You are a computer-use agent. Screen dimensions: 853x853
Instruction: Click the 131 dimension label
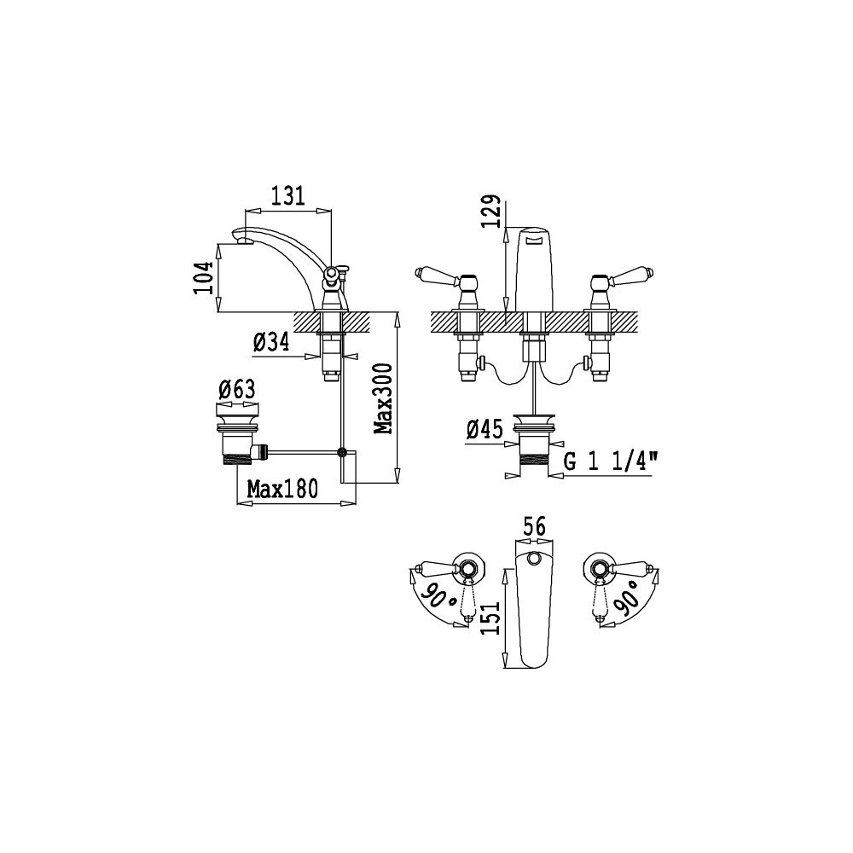[x=287, y=195]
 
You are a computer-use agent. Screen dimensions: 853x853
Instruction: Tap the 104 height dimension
[x=202, y=278]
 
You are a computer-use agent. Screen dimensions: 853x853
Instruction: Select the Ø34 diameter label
[x=271, y=342]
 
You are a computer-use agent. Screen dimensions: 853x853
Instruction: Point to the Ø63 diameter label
[x=236, y=390]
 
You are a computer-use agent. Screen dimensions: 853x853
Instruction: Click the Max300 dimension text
[x=384, y=398]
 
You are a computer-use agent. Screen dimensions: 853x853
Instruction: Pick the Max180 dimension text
[x=282, y=489]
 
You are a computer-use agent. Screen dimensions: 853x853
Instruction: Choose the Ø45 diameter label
[x=485, y=430]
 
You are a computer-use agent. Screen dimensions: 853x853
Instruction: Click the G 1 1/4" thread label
[x=611, y=462]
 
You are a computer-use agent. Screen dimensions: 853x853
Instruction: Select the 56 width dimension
[x=534, y=526]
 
